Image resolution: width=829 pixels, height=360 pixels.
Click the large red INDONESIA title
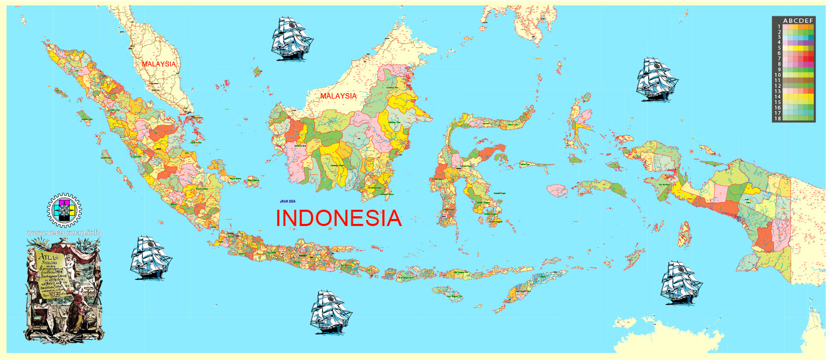339,218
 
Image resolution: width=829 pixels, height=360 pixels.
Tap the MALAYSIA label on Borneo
338,96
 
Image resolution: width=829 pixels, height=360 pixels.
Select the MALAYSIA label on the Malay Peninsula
159,64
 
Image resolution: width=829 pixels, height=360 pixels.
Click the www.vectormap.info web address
64,233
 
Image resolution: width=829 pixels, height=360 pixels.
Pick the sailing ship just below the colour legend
657,78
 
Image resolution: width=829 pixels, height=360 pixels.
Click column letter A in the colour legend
785,21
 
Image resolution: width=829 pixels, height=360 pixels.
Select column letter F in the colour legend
812,21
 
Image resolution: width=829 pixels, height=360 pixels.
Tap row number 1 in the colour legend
779,26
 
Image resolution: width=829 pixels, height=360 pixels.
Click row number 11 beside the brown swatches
779,80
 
